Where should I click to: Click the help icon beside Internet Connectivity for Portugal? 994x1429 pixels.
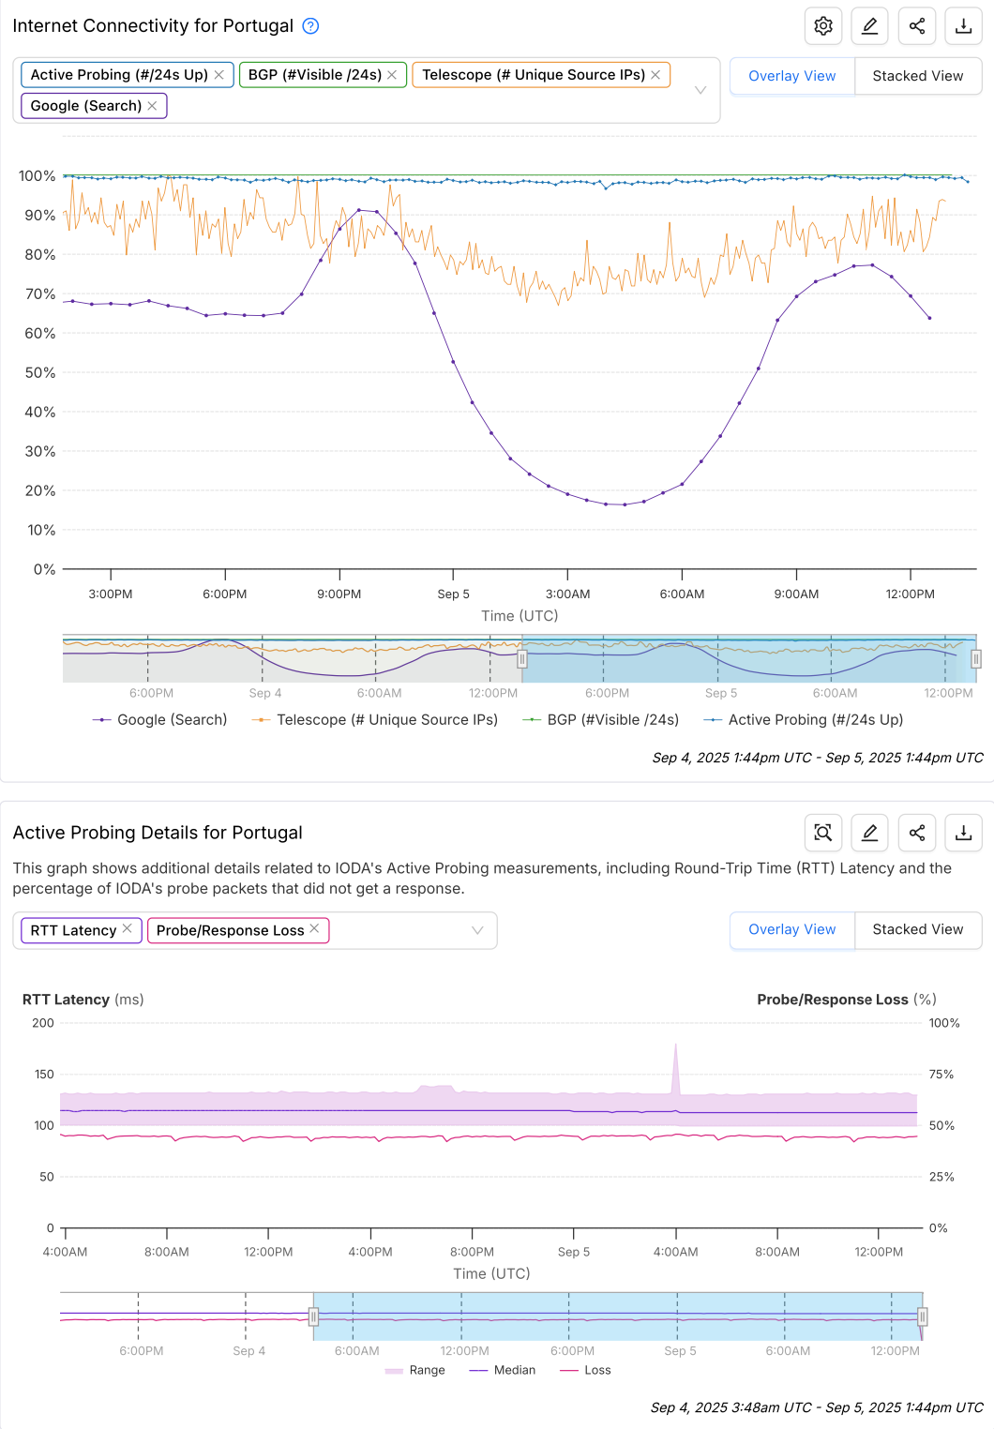(x=310, y=26)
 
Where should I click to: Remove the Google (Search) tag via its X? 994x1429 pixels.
(x=152, y=106)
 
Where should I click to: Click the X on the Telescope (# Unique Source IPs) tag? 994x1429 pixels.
(x=655, y=75)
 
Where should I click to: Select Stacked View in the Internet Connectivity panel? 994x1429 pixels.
(x=917, y=76)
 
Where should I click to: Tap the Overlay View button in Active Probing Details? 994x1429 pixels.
(x=791, y=929)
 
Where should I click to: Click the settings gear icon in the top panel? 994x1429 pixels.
(x=823, y=26)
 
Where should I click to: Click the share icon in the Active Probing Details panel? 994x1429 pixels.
(x=917, y=833)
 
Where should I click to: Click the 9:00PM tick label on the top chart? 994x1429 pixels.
(x=339, y=594)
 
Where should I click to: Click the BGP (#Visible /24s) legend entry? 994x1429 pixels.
(x=612, y=719)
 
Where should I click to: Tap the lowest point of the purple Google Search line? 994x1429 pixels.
(x=625, y=504)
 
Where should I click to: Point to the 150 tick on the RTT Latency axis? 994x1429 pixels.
(x=44, y=1074)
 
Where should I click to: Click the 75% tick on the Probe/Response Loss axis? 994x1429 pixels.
(x=941, y=1074)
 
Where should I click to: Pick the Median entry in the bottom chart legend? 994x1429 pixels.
(x=514, y=1370)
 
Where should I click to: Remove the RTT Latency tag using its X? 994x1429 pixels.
(x=128, y=928)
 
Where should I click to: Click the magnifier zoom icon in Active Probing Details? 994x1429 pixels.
(x=823, y=833)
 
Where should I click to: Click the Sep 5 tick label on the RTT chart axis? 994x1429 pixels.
(x=574, y=1252)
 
